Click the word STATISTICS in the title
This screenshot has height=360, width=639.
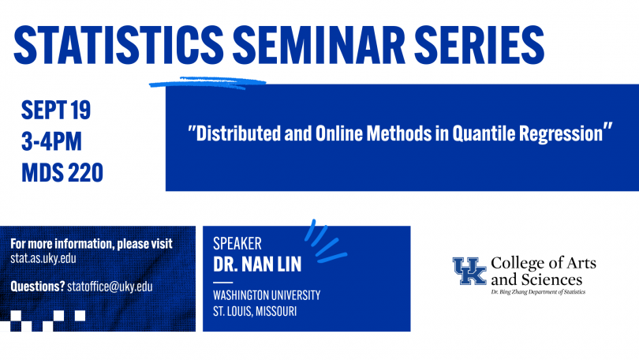pos(118,45)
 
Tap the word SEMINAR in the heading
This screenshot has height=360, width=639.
pos(319,45)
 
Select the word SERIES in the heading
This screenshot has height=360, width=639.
pos(480,45)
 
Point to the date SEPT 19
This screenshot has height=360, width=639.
pos(56,110)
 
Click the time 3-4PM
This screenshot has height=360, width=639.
pos(51,141)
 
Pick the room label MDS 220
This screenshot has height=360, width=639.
pos(62,172)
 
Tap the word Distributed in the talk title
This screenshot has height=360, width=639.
pos(238,133)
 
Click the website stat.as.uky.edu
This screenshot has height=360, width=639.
pos(43,258)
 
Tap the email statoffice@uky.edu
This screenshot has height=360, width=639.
pos(110,287)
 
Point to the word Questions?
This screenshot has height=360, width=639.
pos(38,287)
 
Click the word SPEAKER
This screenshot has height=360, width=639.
pos(237,243)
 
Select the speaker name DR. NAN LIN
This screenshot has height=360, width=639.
pos(257,264)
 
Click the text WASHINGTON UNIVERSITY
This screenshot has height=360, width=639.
pos(267,295)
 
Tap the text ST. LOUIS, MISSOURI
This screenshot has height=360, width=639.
pos(255,312)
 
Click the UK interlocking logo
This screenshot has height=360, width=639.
pos(469,271)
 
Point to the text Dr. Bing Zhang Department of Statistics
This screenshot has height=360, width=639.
pos(538,292)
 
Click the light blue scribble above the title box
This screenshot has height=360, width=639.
pos(207,83)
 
